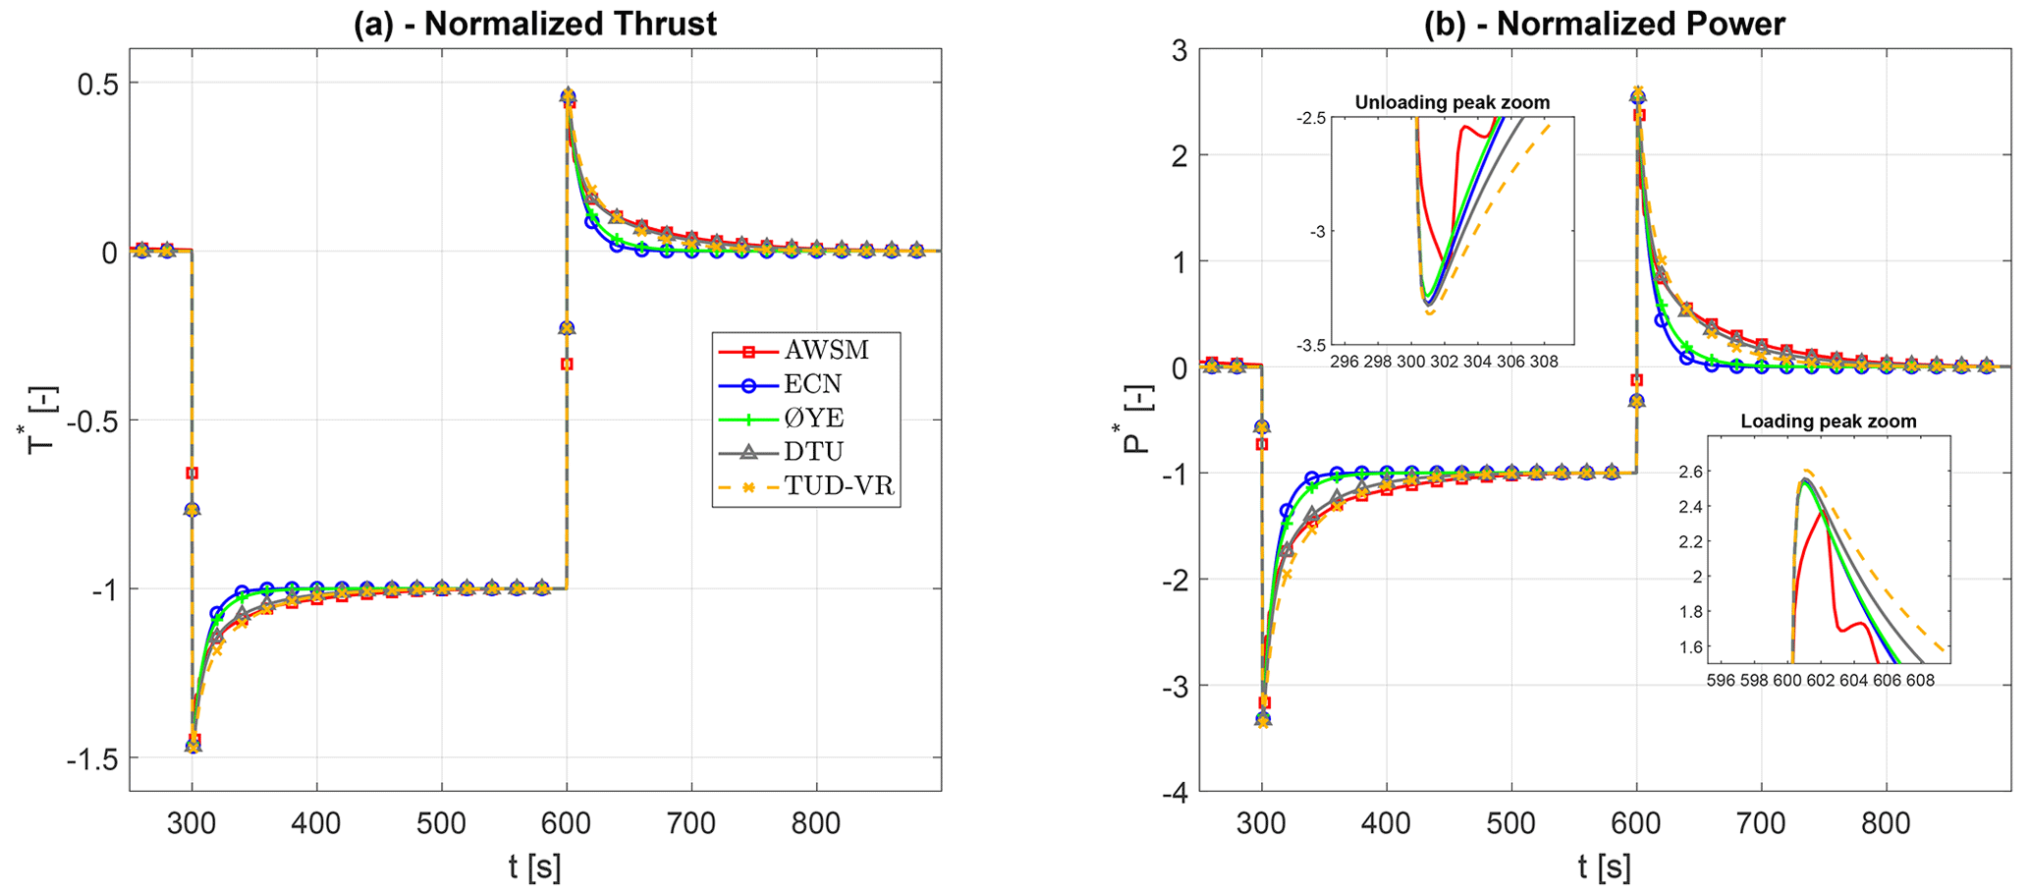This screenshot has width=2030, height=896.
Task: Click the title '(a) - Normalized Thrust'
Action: pos(535,24)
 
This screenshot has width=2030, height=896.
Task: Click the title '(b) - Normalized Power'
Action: pos(1605,24)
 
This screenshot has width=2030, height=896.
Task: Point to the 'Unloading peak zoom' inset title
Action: pos(1453,102)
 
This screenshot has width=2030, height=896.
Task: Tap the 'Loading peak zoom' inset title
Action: pos(1829,421)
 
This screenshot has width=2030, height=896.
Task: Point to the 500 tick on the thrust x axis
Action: pos(441,822)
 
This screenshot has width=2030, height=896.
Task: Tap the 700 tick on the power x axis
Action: pos(1761,822)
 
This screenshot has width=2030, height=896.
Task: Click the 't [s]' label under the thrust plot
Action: pos(535,868)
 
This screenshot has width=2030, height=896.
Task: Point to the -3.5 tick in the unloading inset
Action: pos(1309,345)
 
